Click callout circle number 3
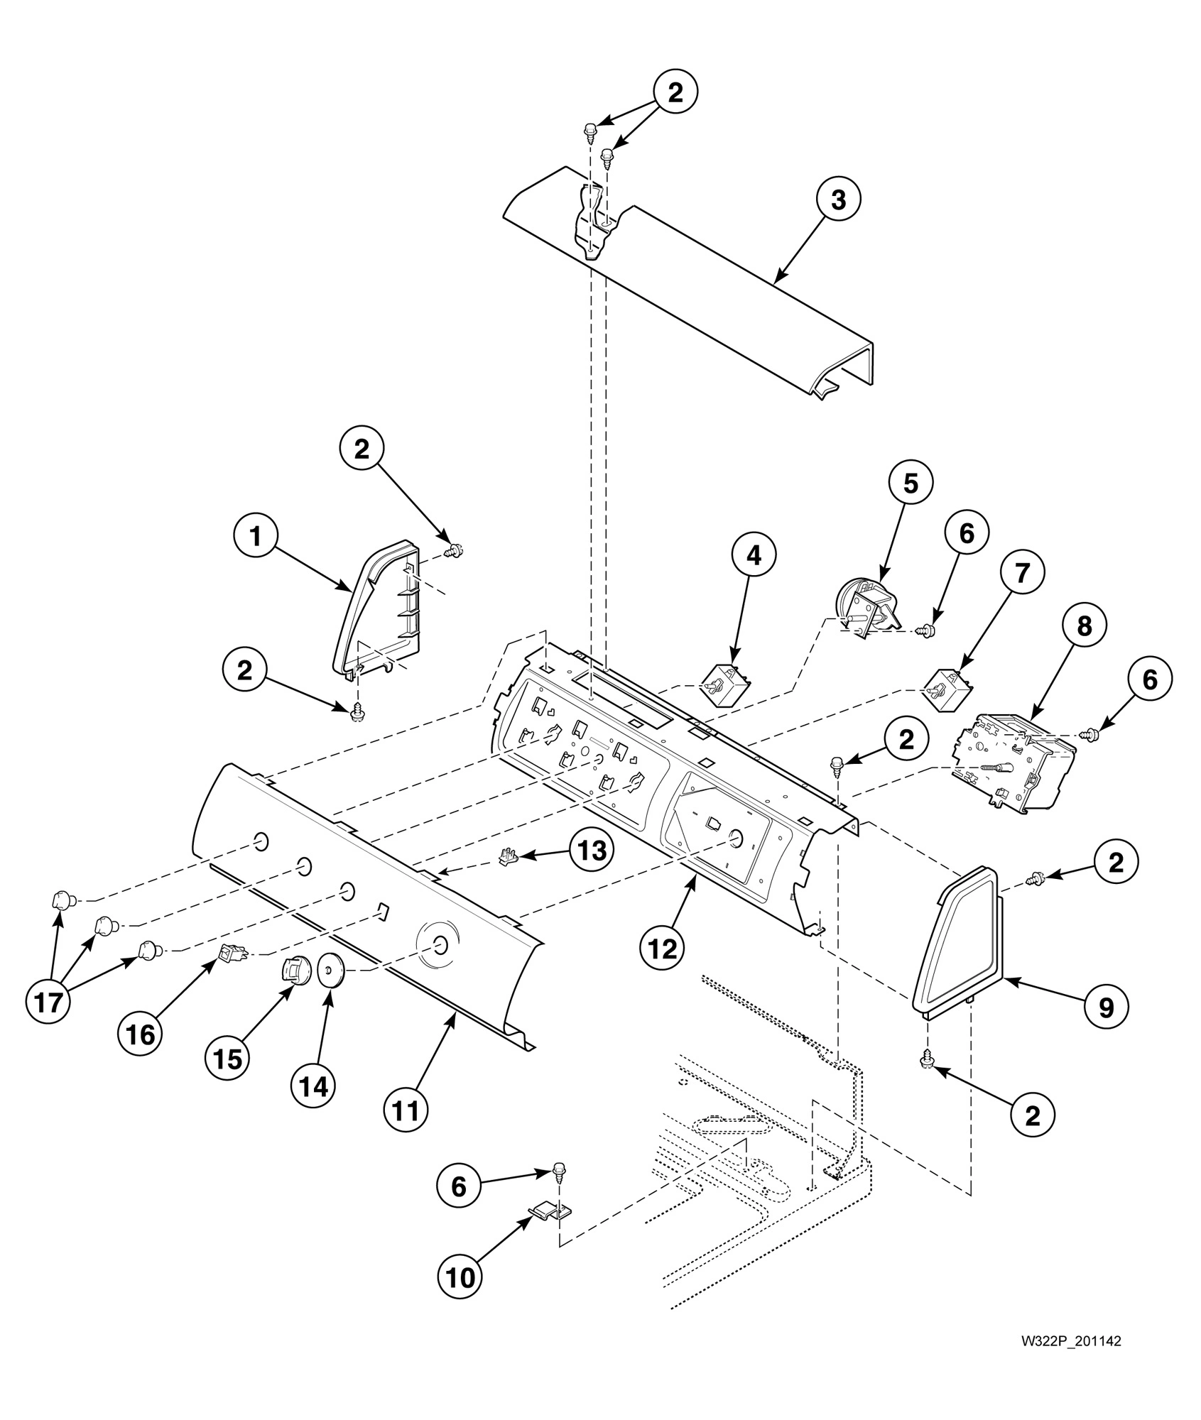838,200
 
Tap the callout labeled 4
754,556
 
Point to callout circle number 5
911,484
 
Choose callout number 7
1022,573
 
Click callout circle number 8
1084,625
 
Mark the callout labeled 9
1106,1006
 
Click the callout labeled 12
662,949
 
